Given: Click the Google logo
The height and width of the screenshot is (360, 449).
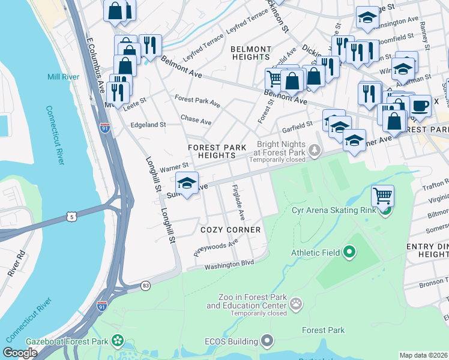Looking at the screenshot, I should click(20, 353).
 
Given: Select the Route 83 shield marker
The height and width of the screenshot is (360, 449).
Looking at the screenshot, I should click(145, 285).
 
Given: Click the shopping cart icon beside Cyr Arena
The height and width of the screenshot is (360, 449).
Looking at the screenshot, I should click(382, 195).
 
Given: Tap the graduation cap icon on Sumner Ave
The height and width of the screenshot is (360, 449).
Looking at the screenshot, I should click(187, 183).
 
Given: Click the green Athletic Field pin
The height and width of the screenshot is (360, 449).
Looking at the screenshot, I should click(350, 253).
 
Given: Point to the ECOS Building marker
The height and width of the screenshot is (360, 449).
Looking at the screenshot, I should click(268, 341).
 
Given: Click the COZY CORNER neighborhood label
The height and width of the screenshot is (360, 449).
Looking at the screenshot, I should click(231, 230).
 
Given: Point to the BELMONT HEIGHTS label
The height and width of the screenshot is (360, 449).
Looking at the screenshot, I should click(250, 53).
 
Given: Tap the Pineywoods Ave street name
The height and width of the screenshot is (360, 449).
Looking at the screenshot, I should click(215, 246).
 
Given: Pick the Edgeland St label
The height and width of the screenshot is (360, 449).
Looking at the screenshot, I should click(148, 125).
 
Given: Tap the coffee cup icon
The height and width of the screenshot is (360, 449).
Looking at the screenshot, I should click(420, 105).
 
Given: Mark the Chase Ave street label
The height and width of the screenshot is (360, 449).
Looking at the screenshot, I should click(196, 121).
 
